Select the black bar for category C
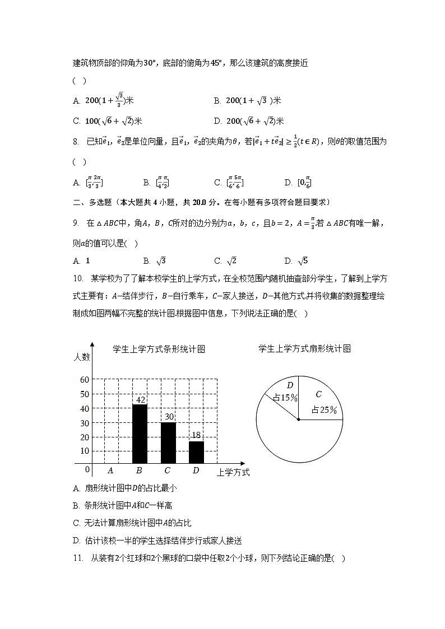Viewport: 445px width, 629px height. click(168, 442)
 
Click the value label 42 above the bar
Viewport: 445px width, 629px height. click(140, 399)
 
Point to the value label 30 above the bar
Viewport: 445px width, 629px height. click(168, 417)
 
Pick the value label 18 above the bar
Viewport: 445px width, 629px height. click(196, 435)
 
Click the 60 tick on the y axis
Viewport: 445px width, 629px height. click(85, 380)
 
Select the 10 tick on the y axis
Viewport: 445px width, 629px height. click(85, 451)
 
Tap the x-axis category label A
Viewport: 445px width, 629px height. click(111, 471)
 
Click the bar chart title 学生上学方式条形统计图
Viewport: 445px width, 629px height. click(159, 349)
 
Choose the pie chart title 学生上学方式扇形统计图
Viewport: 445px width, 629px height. click(304, 348)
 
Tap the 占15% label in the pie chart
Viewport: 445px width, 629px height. click(285, 398)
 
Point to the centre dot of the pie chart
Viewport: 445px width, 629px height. click(299, 419)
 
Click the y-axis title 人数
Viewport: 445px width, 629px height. click(81, 356)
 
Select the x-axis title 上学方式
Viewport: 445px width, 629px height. click(233, 472)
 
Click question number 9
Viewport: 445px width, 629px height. click(76, 223)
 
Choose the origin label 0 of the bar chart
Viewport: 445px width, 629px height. click(87, 469)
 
